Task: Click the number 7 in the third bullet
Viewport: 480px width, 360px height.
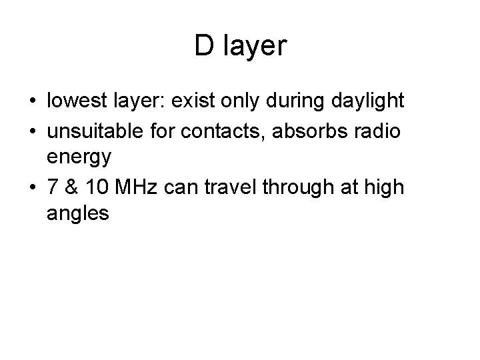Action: click(x=53, y=189)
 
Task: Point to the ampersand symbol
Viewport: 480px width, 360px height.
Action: click(x=71, y=189)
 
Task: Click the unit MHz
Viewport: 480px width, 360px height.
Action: click(x=133, y=189)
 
